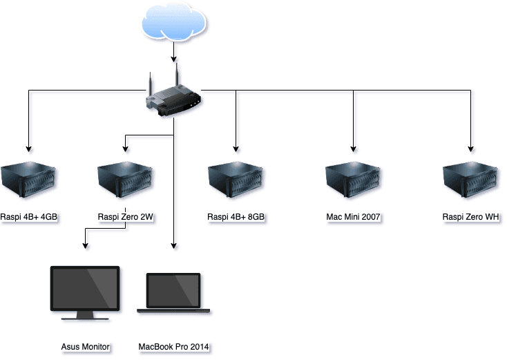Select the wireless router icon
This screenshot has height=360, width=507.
(173, 97)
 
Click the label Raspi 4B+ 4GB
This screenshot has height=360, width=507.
(29, 217)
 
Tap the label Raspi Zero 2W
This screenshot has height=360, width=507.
(125, 217)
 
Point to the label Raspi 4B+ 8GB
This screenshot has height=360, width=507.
(236, 217)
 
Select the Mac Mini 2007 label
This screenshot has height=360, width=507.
(354, 217)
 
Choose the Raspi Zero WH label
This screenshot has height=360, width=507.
(471, 217)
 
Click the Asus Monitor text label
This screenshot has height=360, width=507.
(85, 346)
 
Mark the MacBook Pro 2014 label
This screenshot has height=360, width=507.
(173, 346)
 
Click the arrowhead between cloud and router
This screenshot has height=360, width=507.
(173, 59)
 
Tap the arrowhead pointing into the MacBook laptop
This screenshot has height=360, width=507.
(173, 245)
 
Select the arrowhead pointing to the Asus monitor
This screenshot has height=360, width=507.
(85, 245)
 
